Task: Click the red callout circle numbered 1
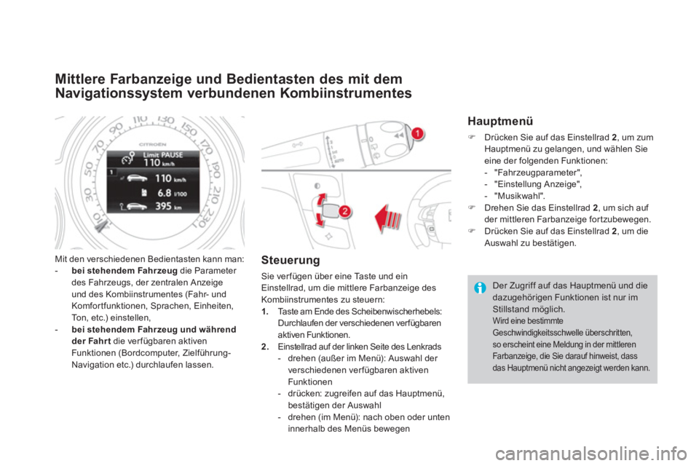417,133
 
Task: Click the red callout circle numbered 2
344,211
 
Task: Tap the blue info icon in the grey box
480,288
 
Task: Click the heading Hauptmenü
500,121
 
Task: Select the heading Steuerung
291,260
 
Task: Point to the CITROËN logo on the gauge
152,144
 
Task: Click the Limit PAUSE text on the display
162,155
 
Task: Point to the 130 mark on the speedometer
166,120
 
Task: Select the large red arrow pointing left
388,218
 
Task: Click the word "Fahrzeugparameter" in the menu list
535,173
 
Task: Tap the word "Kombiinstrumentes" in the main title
347,93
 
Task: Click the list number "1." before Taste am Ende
265,311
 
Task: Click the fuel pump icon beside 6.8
144,192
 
